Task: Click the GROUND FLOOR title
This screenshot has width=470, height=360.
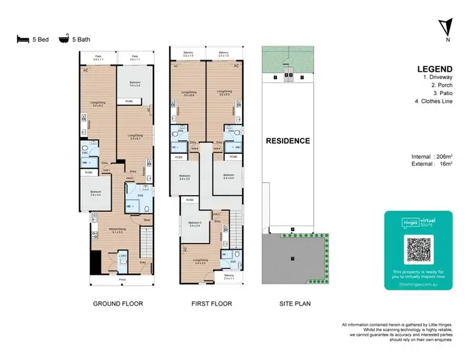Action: tap(118, 304)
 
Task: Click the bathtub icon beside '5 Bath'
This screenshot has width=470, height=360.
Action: tap(63, 39)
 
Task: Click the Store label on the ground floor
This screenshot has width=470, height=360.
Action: tap(146, 220)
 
